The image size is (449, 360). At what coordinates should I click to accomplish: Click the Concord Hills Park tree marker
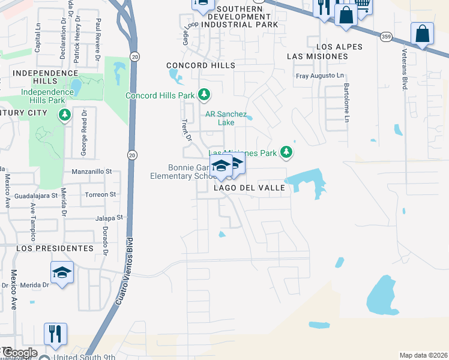[x=204, y=95]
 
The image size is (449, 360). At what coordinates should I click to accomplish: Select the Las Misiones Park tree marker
[x=288, y=152]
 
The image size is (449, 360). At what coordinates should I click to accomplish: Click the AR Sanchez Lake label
[x=226, y=118]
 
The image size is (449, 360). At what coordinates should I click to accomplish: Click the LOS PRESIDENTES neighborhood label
[x=55, y=248]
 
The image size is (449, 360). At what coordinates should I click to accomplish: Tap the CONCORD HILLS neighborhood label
[x=200, y=65]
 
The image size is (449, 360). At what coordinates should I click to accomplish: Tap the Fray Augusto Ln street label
[x=321, y=76]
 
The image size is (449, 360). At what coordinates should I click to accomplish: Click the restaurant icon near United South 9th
[x=55, y=334]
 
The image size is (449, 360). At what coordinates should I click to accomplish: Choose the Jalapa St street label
[x=109, y=218]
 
